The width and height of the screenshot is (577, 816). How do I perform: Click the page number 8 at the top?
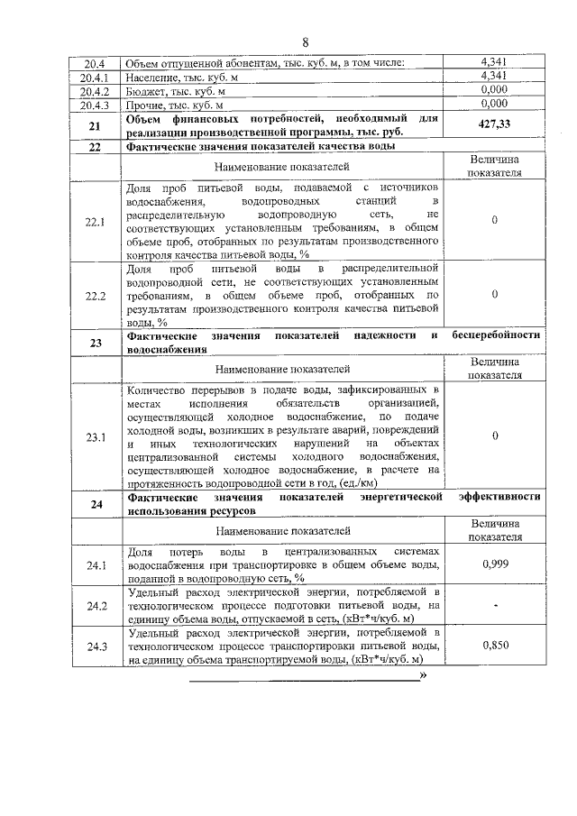[306, 42]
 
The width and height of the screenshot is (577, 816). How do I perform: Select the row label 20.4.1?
[96, 77]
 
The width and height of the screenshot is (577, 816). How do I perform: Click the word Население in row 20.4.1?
[152, 77]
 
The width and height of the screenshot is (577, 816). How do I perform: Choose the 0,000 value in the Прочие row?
[494, 105]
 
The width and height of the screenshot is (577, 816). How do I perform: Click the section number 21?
[96, 126]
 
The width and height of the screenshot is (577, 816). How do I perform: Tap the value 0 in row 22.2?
[494, 294]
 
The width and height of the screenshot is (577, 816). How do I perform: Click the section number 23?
[96, 343]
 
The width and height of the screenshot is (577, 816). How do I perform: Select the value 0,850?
[494, 646]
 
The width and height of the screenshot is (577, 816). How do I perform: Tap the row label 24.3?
[96, 646]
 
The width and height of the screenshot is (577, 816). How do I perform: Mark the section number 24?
[96, 504]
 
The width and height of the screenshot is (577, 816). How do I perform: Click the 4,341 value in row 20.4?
[494, 62]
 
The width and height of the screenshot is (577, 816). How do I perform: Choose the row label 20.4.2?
[96, 91]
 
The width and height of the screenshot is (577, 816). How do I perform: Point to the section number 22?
[96, 146]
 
